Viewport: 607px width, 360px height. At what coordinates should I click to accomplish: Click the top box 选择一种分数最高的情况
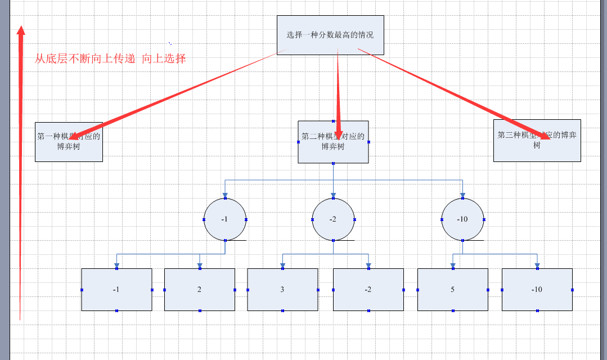[330, 35]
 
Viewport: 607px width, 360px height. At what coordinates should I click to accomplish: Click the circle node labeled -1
[225, 219]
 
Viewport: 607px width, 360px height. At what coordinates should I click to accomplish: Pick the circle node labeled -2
[333, 219]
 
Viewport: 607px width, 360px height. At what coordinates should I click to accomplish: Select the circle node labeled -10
[462, 219]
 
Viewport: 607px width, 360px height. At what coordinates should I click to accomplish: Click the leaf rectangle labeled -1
[116, 290]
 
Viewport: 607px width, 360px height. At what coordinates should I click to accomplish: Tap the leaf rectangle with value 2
[200, 290]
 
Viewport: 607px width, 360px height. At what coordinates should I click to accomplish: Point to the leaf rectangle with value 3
[282, 290]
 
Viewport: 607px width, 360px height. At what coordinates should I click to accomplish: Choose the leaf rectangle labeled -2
[368, 290]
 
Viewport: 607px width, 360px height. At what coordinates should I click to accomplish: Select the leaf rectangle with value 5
[453, 290]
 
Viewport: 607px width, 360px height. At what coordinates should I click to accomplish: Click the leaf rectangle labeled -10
[537, 290]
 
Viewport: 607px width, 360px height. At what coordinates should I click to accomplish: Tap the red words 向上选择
[164, 58]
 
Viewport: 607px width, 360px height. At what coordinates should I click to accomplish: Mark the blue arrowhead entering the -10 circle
[462, 195]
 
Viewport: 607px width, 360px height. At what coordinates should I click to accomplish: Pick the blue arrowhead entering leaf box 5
[453, 265]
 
